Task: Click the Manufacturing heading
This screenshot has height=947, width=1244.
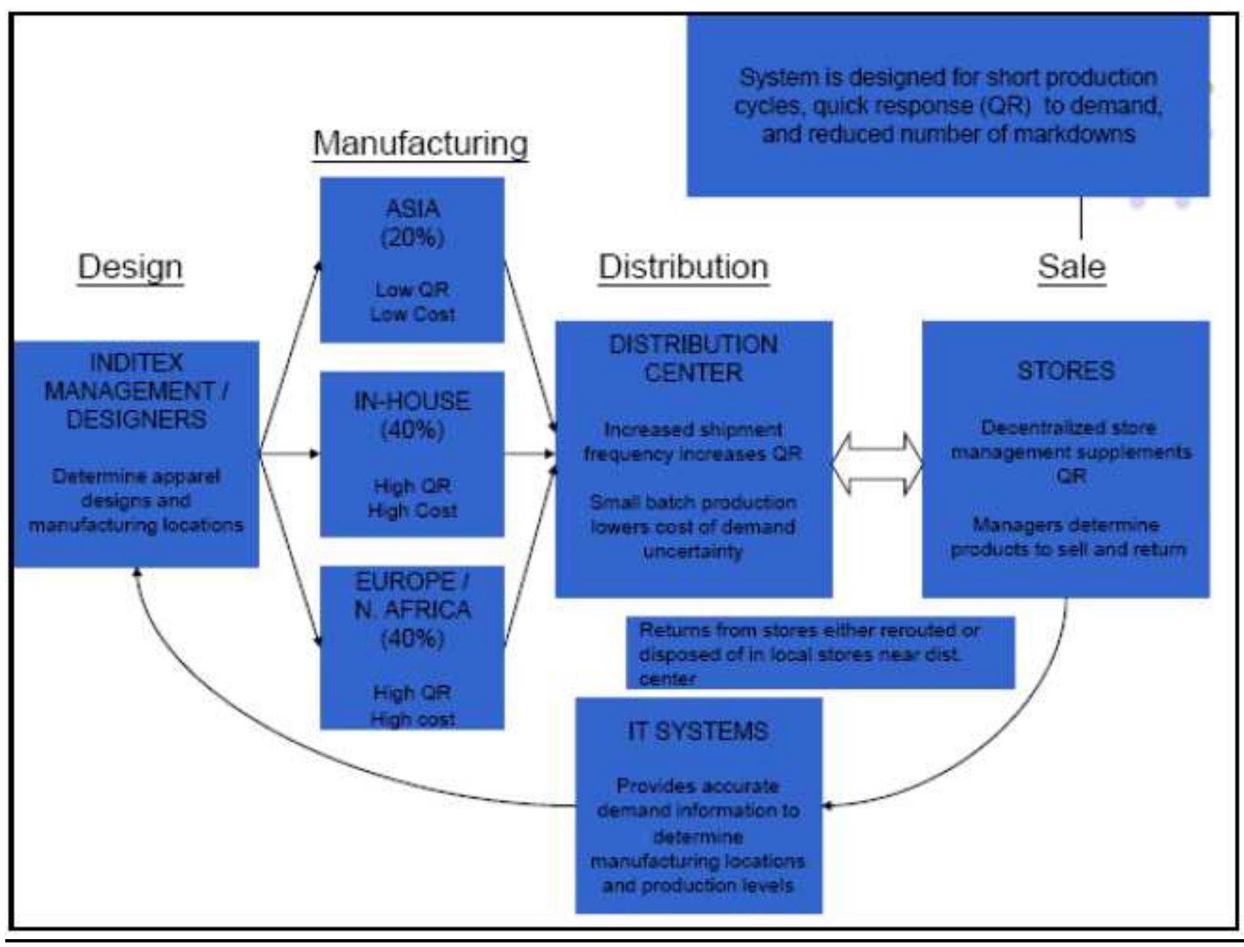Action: point(420,143)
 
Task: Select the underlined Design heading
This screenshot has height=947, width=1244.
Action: point(130,267)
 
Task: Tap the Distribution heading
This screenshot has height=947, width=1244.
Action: point(683,267)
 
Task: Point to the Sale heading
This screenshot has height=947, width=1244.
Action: point(1071,267)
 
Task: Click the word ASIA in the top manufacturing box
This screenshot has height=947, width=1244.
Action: point(412,209)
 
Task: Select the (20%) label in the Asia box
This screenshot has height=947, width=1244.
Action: point(412,238)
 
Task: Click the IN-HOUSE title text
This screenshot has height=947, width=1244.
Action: point(412,401)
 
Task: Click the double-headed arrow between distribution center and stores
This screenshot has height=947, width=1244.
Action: point(877,464)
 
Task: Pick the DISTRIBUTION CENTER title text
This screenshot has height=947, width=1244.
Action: point(694,359)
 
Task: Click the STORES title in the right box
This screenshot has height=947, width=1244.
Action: point(1066,371)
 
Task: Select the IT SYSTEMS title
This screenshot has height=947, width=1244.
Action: point(698,732)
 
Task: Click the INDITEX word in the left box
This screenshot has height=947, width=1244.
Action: point(137,363)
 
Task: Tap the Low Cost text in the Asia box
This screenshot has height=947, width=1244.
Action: point(412,315)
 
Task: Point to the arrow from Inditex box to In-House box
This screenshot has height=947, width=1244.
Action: point(289,453)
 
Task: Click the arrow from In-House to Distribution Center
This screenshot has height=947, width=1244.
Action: point(529,453)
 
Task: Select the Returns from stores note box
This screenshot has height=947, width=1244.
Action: point(820,653)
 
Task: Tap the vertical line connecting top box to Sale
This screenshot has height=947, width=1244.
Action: point(1080,218)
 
